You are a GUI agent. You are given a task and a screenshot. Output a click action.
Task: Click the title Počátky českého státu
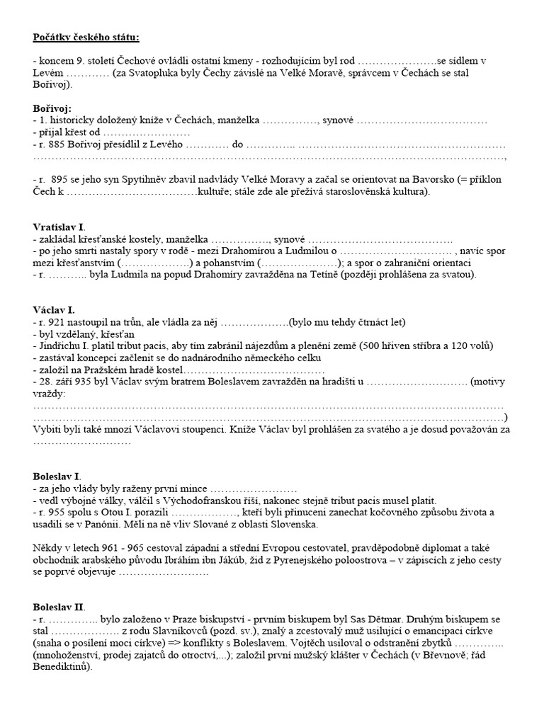coord(91,36)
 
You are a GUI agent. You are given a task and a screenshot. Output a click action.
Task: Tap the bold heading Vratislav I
coord(59,227)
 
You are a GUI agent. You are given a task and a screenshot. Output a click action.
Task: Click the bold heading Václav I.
coord(54,310)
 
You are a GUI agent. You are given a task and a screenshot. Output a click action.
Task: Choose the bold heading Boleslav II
coord(59,607)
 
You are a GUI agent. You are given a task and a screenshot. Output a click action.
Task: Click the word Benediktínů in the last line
coord(62,667)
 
